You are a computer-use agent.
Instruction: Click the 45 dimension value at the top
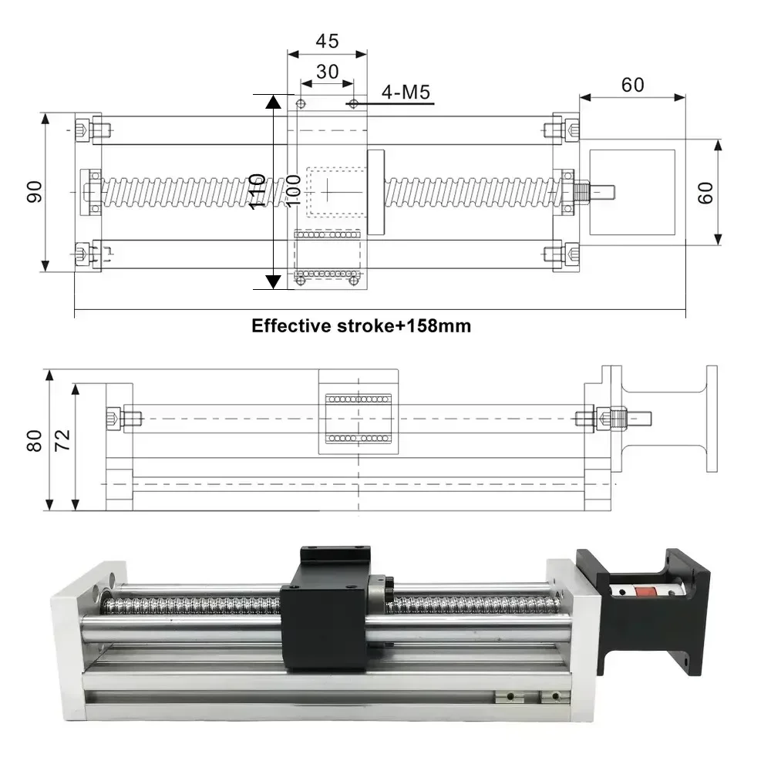(x=327, y=41)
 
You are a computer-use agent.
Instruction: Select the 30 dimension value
(x=327, y=71)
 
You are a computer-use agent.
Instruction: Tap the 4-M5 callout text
(x=406, y=93)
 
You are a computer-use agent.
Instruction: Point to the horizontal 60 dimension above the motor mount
(x=632, y=84)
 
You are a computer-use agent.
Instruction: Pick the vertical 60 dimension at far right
(x=705, y=192)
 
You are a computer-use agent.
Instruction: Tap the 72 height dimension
(x=62, y=439)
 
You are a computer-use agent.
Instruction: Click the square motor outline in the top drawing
(x=631, y=192)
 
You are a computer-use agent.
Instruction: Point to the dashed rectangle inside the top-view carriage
(x=333, y=190)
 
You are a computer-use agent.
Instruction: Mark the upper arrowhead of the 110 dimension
(x=273, y=101)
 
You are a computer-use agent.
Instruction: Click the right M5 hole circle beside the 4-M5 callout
(x=353, y=103)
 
